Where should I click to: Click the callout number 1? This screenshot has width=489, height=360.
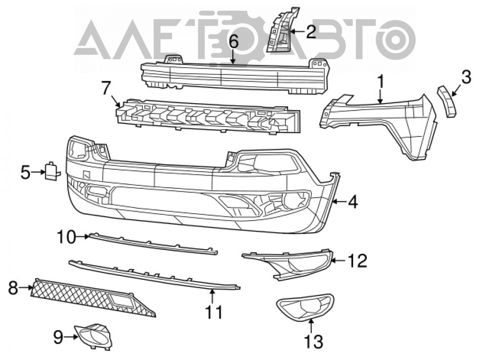[381, 82]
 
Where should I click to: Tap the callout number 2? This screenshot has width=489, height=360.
[311, 31]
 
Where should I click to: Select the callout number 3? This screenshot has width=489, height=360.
[466, 77]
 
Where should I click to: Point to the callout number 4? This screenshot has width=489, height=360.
[353, 202]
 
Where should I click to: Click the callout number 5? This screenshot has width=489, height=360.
[25, 173]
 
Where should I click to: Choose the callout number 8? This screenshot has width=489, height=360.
[13, 288]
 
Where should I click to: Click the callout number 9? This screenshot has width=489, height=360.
[58, 337]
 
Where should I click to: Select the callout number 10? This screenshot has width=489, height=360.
[66, 237]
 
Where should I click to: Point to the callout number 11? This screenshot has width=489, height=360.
[214, 312]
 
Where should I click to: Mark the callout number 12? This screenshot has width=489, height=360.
[357, 261]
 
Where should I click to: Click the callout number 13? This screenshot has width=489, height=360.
[313, 341]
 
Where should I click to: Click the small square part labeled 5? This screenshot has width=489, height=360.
[52, 171]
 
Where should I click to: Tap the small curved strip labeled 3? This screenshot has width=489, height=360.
[446, 102]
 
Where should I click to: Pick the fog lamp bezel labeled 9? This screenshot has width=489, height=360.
[93, 337]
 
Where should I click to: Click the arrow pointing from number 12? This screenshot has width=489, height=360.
[338, 260]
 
